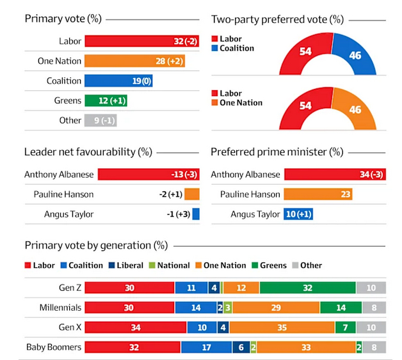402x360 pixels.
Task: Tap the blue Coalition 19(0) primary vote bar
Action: point(118,81)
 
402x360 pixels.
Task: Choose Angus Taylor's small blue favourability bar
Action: point(196,214)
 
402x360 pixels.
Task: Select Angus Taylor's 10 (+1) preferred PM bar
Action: point(298,214)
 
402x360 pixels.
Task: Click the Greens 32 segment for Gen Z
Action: point(307,288)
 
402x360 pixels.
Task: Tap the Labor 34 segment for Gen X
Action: point(136,328)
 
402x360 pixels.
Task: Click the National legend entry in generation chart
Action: point(168,265)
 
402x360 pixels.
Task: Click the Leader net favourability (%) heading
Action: point(88,152)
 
